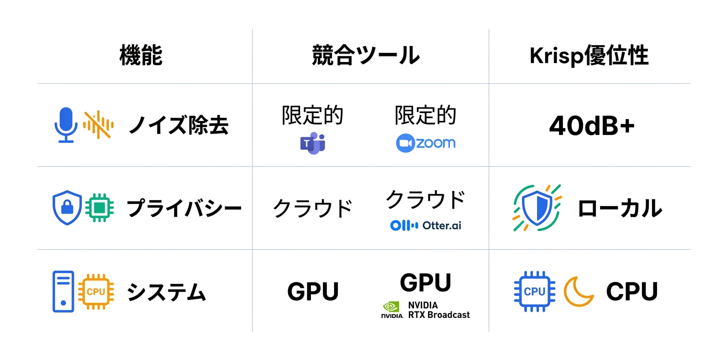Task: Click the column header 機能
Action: tap(141, 55)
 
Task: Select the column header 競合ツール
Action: tap(365, 55)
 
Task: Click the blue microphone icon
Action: tap(65, 125)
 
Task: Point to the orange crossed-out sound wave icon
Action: tap(98, 125)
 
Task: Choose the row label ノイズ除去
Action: tap(178, 125)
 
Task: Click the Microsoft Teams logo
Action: tap(312, 143)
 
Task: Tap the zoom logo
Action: tap(425, 143)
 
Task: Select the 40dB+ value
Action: tap(591, 126)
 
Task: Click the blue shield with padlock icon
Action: tap(66, 207)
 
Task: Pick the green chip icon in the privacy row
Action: tap(99, 207)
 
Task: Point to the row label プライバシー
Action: tap(184, 208)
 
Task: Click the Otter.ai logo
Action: tap(425, 225)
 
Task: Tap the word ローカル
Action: tap(619, 208)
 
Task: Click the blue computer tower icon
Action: tap(63, 291)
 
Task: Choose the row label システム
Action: tap(166, 292)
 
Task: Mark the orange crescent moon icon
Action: tap(578, 291)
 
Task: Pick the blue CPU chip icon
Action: tap(534, 291)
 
